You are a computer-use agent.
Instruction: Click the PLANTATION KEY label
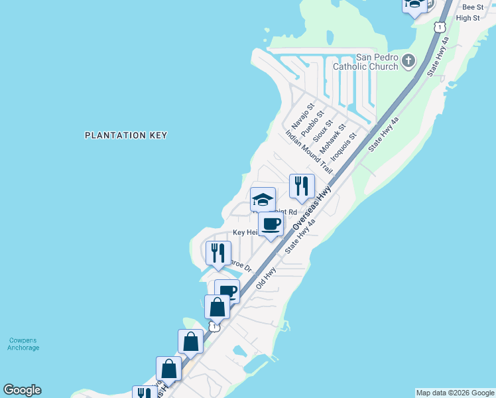pos(126,135)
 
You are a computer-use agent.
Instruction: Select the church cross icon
pos(408,62)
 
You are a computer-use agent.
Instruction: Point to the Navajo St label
pos(300,117)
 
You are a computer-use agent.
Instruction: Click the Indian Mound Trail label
pos(308,152)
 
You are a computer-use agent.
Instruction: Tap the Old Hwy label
pos(266,278)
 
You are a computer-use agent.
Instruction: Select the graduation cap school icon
pos(263,199)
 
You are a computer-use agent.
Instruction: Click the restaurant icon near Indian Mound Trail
pos(302,186)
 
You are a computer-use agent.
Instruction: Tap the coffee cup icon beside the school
pos(271,224)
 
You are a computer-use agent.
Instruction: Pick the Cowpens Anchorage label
pos(23,344)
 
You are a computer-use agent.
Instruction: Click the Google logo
pos(22,390)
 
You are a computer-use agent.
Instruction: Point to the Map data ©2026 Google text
pos(455,393)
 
